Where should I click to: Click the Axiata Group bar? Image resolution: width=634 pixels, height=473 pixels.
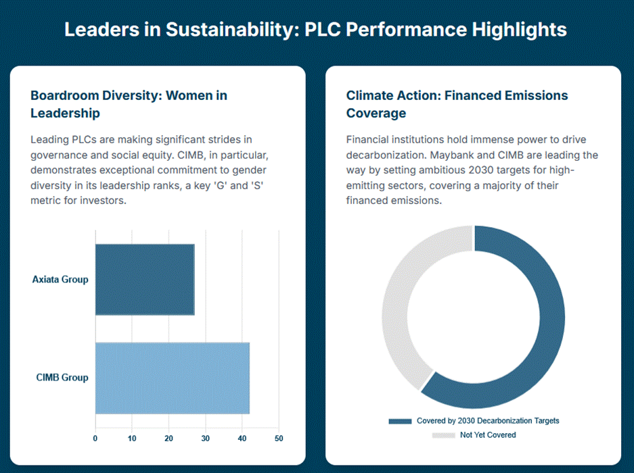[x=145, y=279]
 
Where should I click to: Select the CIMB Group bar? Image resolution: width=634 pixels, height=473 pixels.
[x=173, y=378]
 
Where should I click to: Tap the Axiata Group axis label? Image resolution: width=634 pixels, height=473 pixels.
[x=60, y=279]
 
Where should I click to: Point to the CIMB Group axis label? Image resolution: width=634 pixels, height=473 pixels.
[x=62, y=378]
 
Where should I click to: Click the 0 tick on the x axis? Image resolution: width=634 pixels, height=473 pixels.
[x=95, y=439]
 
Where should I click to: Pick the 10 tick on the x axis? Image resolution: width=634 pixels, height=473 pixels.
[x=132, y=439]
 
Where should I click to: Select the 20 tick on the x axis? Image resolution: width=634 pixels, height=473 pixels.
[x=169, y=439]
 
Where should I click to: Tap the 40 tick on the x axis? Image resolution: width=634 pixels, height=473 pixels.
[x=242, y=439]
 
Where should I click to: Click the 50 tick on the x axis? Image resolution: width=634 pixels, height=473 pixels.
[x=279, y=439]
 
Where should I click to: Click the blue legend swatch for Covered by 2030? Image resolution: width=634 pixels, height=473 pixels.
[x=400, y=421]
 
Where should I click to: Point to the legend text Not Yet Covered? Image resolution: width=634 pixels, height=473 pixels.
[x=488, y=434]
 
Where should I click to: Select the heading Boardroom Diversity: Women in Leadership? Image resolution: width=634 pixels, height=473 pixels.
[x=129, y=104]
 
